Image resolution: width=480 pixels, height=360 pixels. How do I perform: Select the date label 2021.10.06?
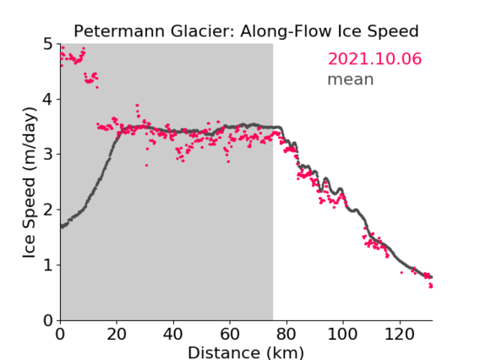pyautogui.click(x=374, y=59)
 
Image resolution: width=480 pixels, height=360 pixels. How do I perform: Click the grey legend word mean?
pyautogui.click(x=351, y=79)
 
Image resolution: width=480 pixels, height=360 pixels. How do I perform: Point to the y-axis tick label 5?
pyautogui.click(x=48, y=44)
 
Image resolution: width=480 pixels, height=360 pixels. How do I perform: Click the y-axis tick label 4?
pyautogui.click(x=48, y=100)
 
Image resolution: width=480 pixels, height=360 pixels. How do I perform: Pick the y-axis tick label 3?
pyautogui.click(x=48, y=155)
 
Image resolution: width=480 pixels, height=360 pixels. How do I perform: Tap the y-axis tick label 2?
pyautogui.click(x=48, y=210)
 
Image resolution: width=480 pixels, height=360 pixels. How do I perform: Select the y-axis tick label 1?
pyautogui.click(x=48, y=265)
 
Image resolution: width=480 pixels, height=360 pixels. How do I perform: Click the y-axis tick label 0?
pyautogui.click(x=48, y=320)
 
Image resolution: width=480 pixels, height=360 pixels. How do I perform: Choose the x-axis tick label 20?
pyautogui.click(x=117, y=334)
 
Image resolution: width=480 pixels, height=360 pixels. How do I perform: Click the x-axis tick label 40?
pyautogui.click(x=173, y=334)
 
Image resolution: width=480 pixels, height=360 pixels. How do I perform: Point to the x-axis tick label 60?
pyautogui.click(x=230, y=334)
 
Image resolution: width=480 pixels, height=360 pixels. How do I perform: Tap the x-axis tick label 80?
pyautogui.click(x=286, y=334)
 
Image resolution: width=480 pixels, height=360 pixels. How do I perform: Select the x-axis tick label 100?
pyautogui.click(x=342, y=334)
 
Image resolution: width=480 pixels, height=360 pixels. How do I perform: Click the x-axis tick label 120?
pyautogui.click(x=399, y=334)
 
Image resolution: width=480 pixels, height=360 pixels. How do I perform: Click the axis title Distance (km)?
pyautogui.click(x=246, y=352)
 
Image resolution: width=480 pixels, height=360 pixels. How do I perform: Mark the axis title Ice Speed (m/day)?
pyautogui.click(x=30, y=183)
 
